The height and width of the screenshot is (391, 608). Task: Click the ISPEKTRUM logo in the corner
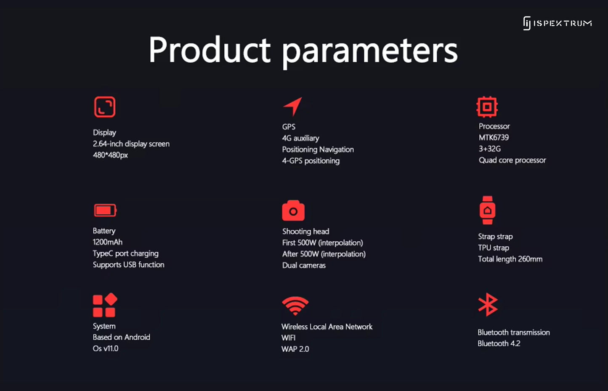pyautogui.click(x=558, y=23)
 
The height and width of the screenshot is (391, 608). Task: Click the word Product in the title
pyautogui.click(x=210, y=50)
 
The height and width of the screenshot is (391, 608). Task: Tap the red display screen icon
pyautogui.click(x=105, y=107)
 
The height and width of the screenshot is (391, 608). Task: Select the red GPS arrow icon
pyautogui.click(x=292, y=106)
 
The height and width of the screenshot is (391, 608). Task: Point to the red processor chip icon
pyautogui.click(x=487, y=107)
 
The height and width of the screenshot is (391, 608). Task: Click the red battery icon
pyautogui.click(x=105, y=210)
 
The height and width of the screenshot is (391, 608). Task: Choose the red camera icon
pyautogui.click(x=293, y=210)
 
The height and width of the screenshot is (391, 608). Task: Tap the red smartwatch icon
pyautogui.click(x=488, y=210)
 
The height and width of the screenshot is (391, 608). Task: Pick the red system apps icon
pyautogui.click(x=105, y=305)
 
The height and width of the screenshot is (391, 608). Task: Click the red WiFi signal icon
pyautogui.click(x=295, y=306)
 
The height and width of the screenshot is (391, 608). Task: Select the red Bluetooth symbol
pyautogui.click(x=488, y=305)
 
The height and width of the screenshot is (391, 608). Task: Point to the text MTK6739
pyautogui.click(x=494, y=138)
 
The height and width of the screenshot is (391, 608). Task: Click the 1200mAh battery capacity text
pyautogui.click(x=107, y=242)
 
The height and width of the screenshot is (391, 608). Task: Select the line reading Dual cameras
pyautogui.click(x=304, y=265)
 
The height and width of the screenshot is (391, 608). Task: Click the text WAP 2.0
pyautogui.click(x=295, y=349)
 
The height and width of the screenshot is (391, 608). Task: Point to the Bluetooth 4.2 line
pyautogui.click(x=499, y=343)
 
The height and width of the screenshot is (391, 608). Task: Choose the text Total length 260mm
pyautogui.click(x=510, y=259)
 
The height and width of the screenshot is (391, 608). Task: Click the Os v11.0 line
pyautogui.click(x=106, y=348)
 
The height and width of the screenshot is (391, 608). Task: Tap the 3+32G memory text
pyautogui.click(x=490, y=149)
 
